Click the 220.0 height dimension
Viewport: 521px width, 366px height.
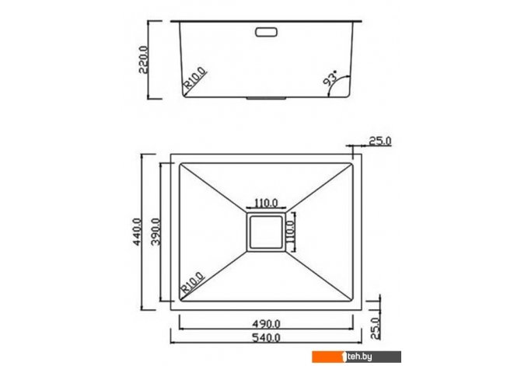tap(143, 60)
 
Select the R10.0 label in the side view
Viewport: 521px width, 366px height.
tap(195, 78)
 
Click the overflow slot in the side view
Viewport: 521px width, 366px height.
tap(266, 32)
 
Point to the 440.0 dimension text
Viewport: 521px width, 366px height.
tap(137, 232)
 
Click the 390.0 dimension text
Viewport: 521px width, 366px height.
tap(156, 232)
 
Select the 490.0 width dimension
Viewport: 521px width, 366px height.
tap(266, 323)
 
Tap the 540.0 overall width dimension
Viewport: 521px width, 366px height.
tap(266, 338)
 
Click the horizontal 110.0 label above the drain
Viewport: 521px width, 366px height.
tap(266, 203)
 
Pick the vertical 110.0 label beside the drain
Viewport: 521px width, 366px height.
tap(290, 232)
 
